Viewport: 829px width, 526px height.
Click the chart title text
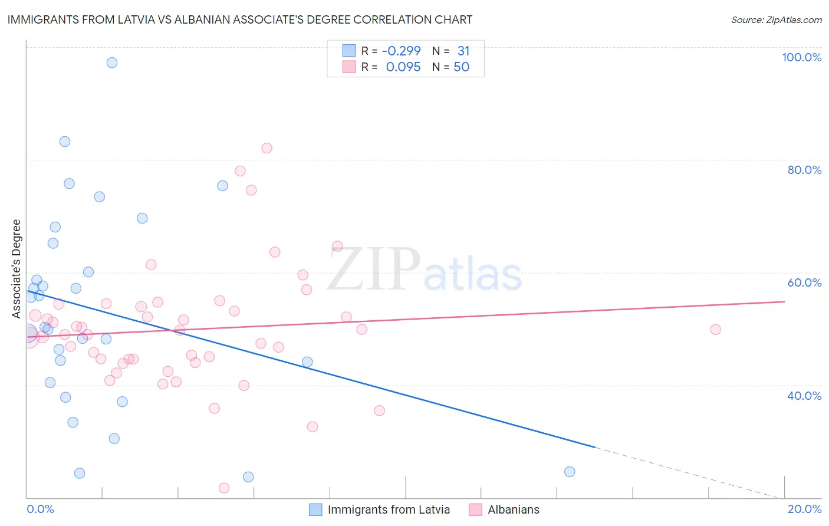tap(240, 19)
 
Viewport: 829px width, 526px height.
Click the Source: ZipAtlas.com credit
tap(776, 20)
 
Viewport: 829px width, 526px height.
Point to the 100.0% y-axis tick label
tap(801, 57)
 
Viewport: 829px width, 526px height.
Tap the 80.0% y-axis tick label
tap(804, 170)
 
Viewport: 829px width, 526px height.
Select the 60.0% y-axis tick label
tap(804, 282)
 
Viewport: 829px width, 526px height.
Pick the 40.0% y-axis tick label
tap(804, 396)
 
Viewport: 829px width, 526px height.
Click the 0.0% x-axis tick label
tap(40, 509)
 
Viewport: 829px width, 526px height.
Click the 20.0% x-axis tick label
tap(804, 509)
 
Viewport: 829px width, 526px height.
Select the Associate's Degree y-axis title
tap(17, 268)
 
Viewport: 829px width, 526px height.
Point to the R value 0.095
tap(403, 67)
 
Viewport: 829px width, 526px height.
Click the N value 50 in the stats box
tap(461, 67)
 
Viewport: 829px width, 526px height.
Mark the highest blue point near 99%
tap(112, 63)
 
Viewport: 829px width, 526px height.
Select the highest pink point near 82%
tap(267, 148)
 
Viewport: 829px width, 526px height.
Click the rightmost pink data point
tap(715, 330)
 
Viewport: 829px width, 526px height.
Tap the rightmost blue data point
tap(570, 472)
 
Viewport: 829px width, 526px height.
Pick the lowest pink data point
tap(224, 488)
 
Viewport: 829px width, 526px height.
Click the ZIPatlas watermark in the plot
tap(425, 270)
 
